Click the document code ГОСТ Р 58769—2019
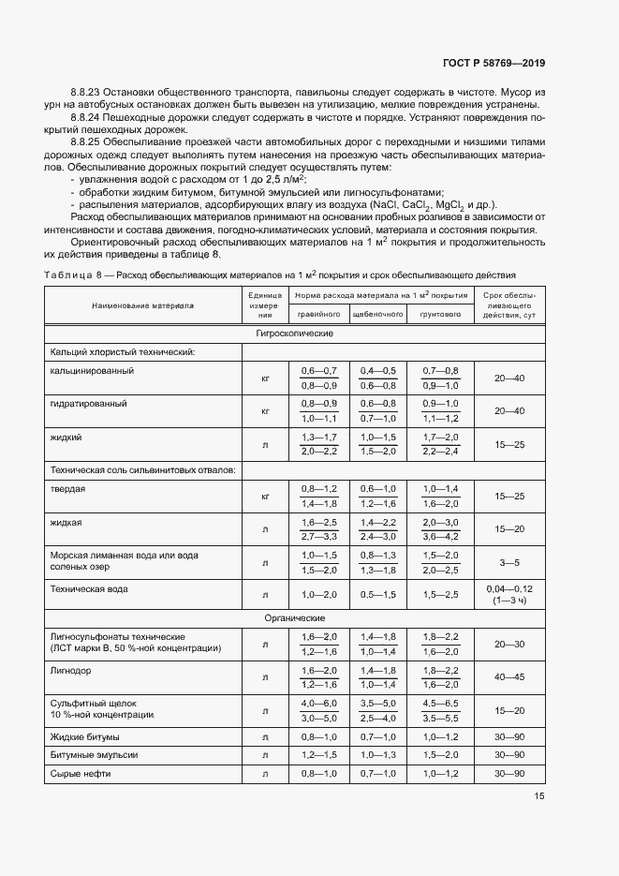click(x=494, y=63)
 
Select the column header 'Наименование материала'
click(x=142, y=304)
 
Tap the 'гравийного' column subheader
click(x=319, y=315)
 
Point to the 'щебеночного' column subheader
click(x=377, y=315)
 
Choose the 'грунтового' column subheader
click(x=439, y=315)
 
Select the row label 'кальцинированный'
click(x=92, y=370)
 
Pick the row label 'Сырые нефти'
click(x=80, y=772)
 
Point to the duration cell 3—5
click(x=509, y=563)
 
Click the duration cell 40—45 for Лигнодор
click(x=509, y=676)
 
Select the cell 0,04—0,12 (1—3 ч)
click(x=509, y=594)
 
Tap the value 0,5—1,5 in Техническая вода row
click(x=377, y=594)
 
